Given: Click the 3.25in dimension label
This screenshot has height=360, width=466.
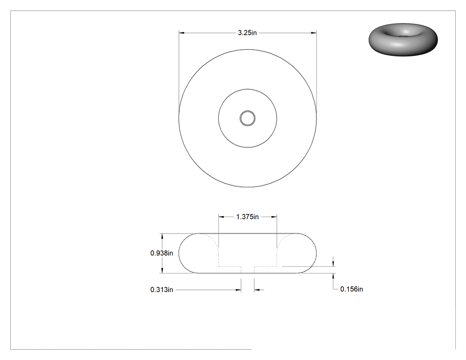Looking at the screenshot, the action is coord(247,33).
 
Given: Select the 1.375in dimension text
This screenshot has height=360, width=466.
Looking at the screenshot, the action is coord(248,217).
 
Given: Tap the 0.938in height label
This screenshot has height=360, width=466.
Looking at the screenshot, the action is coord(162,253).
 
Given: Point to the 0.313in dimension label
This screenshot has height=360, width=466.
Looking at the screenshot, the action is coord(162,289).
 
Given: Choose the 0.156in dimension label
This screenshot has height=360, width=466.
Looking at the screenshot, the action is coord(351,289).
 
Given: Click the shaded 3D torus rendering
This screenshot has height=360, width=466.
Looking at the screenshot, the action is coord(403,39).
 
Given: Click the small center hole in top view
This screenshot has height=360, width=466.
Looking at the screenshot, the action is coord(248,119).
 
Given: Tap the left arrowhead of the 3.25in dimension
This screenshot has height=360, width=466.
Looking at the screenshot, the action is coord(182,33).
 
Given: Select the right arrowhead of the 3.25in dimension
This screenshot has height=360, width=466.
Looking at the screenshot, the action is coord(313,33).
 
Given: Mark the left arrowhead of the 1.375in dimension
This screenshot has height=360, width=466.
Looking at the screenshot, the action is coord(221,217).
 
